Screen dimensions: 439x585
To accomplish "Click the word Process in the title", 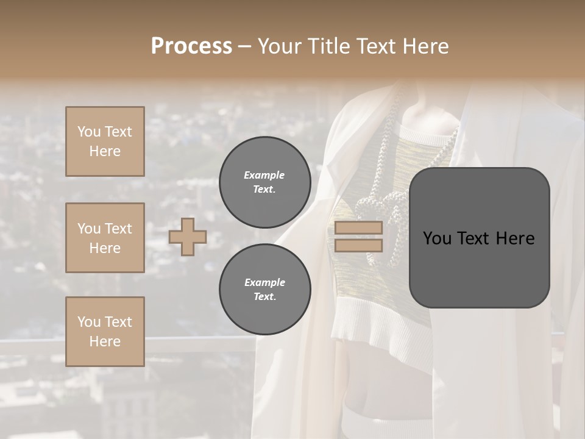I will [x=191, y=46].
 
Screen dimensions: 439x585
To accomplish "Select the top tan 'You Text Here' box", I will [x=105, y=141].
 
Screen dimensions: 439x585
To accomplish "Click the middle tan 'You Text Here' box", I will [x=105, y=238].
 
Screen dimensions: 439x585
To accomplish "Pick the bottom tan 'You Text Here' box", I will [x=105, y=331].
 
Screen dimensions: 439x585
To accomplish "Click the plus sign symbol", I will [x=188, y=237].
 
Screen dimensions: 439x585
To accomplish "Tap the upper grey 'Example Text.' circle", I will [x=264, y=182].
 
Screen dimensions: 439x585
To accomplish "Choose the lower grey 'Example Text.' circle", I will [x=264, y=289].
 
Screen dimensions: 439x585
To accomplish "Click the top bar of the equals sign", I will [x=358, y=228].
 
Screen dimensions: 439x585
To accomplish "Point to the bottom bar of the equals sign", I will [x=358, y=246].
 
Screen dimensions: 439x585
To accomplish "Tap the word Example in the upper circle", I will [x=264, y=175].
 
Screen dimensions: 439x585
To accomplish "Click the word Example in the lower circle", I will [x=264, y=282].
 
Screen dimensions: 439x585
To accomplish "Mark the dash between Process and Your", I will [x=245, y=46].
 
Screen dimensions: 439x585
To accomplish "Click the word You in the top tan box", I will [x=88, y=132].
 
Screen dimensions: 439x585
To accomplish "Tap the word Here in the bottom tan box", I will [x=105, y=341].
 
